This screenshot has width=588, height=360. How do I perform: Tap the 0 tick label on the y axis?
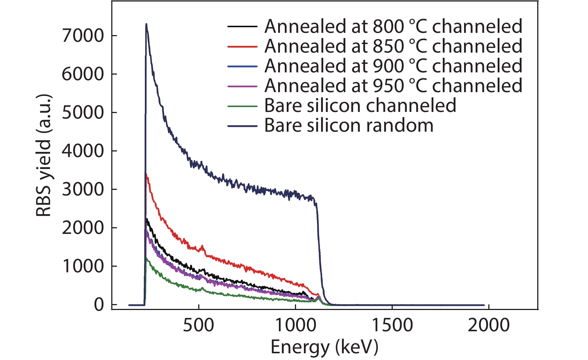[x=99, y=305]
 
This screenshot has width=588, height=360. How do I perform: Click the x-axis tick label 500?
[x=198, y=325]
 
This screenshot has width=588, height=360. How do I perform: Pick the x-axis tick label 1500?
[x=392, y=325]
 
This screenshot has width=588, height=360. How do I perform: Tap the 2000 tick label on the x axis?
[x=488, y=325]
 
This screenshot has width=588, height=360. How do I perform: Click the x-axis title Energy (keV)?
[x=324, y=347]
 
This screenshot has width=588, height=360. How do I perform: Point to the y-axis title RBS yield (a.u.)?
[x=44, y=156]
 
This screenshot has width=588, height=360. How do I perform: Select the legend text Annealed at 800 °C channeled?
[x=393, y=26]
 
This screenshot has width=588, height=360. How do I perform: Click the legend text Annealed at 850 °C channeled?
[x=393, y=46]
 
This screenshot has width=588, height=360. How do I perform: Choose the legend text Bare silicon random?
[x=349, y=125]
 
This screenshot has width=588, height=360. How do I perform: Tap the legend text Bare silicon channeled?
[x=360, y=106]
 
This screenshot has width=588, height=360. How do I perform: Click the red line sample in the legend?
[x=242, y=47]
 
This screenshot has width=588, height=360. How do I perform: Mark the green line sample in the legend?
[x=242, y=106]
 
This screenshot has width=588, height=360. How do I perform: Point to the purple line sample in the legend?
[x=242, y=86]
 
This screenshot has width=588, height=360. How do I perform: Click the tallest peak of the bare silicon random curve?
[x=146, y=24]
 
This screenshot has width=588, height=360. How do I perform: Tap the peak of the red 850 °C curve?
[x=146, y=174]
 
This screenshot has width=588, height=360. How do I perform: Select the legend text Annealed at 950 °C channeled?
[x=393, y=86]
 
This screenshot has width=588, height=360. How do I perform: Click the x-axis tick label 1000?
[x=295, y=325]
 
